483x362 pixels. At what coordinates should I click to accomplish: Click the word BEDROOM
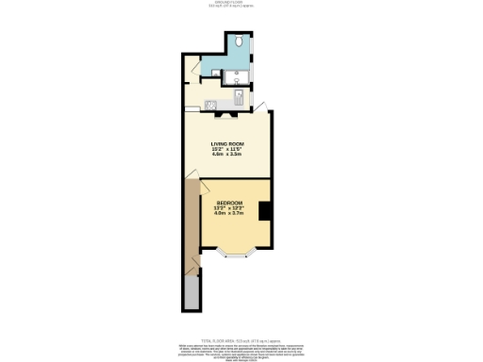(x=230, y=203)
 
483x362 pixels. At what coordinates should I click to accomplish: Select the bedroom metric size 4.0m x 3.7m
(x=230, y=214)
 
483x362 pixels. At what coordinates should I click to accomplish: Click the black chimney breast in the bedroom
(x=266, y=211)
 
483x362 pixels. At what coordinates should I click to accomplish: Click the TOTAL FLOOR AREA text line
(x=241, y=341)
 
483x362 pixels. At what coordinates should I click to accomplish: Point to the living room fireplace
(x=227, y=114)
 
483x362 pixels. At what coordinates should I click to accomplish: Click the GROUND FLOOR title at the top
(x=241, y=4)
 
